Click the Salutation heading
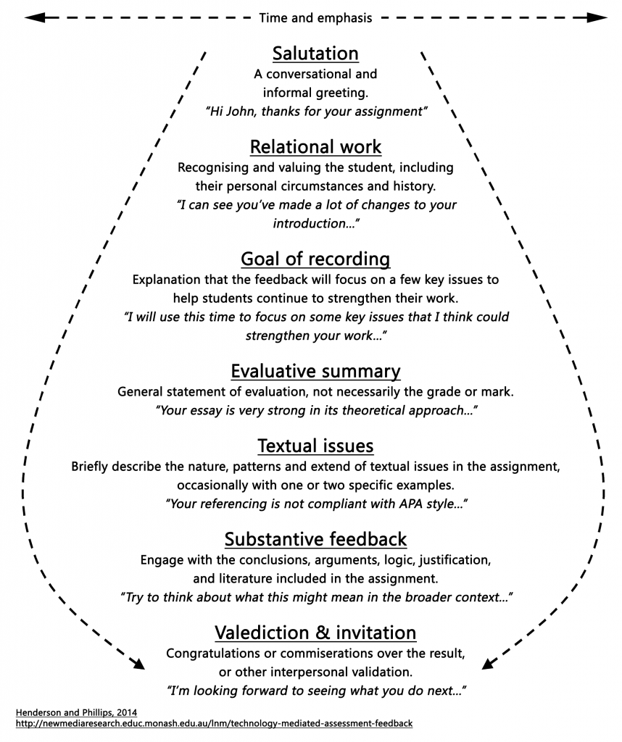click(x=315, y=54)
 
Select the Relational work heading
click(x=315, y=147)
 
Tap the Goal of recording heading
click(x=315, y=259)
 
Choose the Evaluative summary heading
click(x=315, y=372)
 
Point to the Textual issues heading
click(x=315, y=446)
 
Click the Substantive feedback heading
click(x=315, y=539)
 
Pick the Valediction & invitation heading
click(x=315, y=633)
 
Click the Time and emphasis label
click(x=315, y=18)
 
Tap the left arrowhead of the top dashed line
click(x=30, y=17)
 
